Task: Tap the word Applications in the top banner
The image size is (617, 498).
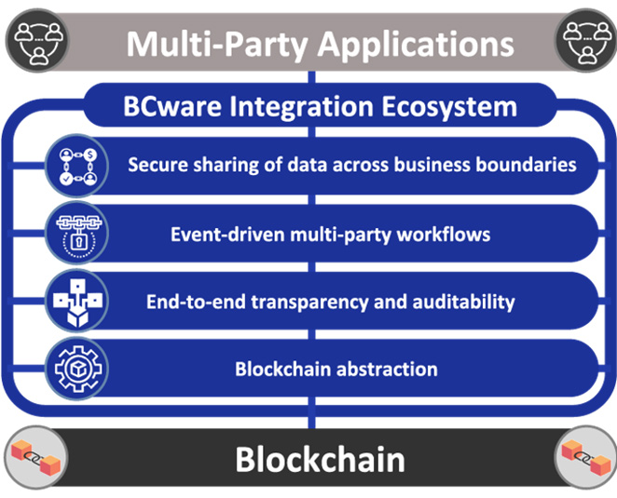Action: coord(416,45)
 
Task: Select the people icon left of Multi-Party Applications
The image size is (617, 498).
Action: coord(37,40)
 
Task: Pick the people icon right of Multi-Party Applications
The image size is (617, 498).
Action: coord(586,40)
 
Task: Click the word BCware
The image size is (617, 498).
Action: coord(172,106)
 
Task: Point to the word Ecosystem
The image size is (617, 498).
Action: coord(449,107)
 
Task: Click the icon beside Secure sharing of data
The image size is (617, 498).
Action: coord(77,166)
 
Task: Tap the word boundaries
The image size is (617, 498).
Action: coord(527,165)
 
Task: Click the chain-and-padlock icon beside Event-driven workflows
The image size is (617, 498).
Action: coord(77,233)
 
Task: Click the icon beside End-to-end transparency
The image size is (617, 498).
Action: coord(77,301)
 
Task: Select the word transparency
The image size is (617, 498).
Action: coord(309,303)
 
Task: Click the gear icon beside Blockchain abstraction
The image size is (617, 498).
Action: coord(77,369)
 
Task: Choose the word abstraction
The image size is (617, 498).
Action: coord(387,370)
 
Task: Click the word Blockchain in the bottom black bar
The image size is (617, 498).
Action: coord(321,460)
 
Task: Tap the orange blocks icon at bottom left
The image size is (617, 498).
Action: coord(36,458)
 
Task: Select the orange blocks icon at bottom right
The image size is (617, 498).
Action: coord(586,458)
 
